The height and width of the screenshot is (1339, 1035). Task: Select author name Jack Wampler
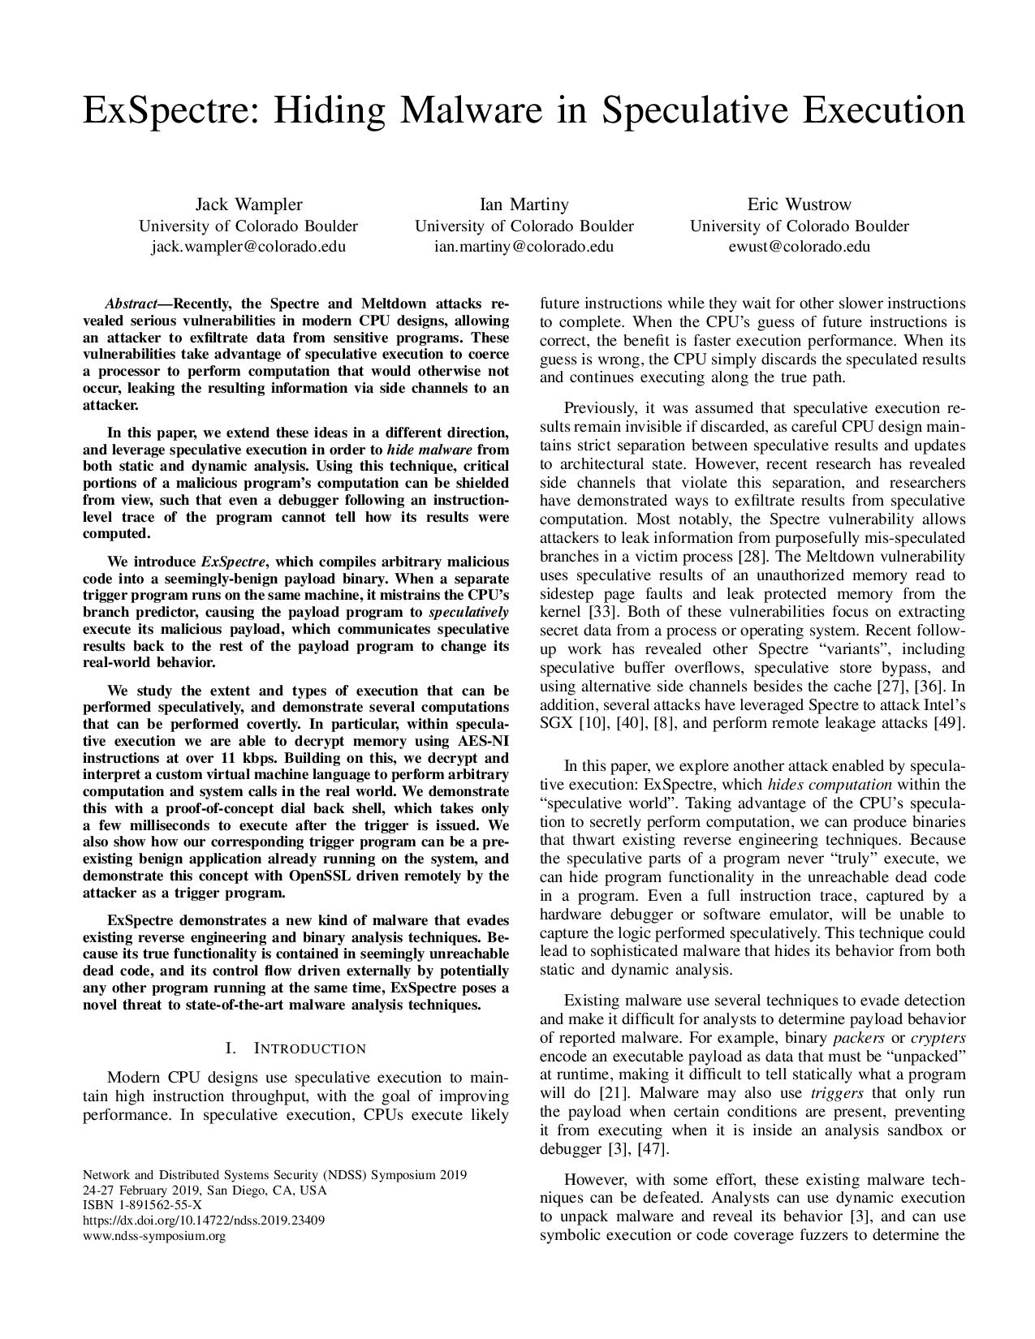[248, 205]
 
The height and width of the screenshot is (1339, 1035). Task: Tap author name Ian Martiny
[524, 205]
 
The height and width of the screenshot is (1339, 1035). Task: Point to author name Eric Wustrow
[800, 205]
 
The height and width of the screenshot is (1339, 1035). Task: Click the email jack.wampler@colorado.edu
[248, 246]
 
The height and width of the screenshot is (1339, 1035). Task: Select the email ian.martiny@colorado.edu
[524, 246]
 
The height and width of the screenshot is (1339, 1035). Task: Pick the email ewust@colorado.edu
[800, 246]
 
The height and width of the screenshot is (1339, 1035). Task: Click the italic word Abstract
[135, 304]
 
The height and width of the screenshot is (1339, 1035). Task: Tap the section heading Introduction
[309, 1048]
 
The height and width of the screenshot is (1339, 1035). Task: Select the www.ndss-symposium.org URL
[154, 1236]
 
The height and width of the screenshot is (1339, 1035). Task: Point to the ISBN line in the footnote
[143, 1205]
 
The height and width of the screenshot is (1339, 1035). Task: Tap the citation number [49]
[949, 722]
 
